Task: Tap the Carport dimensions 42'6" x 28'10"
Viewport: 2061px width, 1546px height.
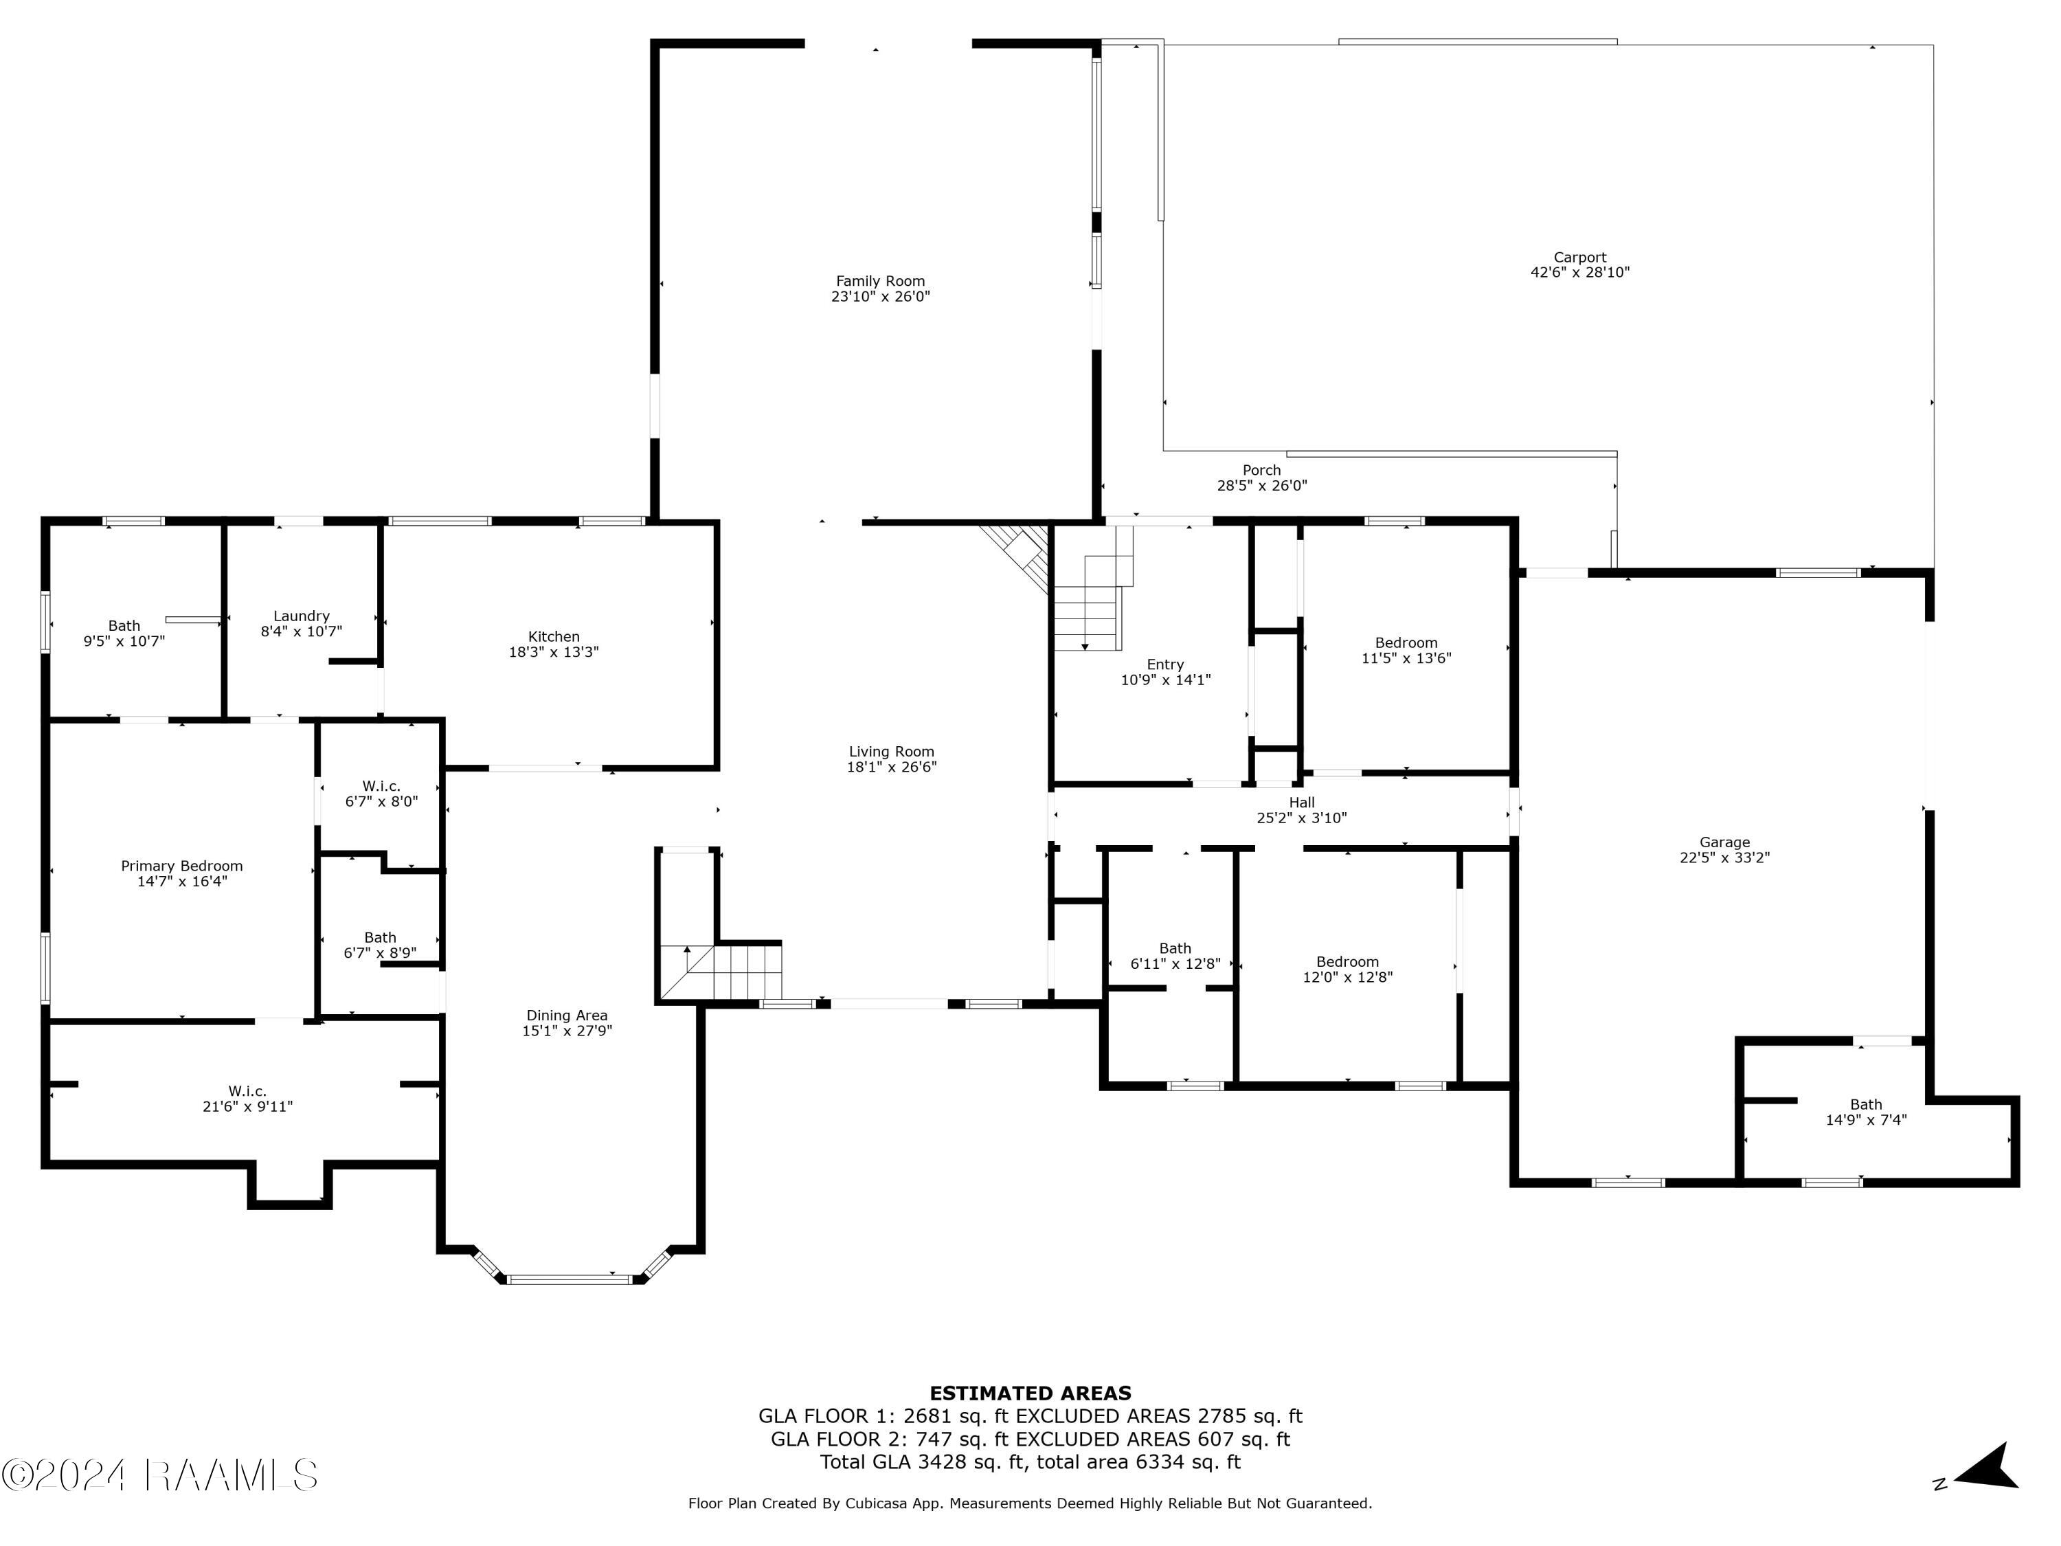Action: point(1579,273)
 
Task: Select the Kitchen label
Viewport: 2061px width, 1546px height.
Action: point(554,636)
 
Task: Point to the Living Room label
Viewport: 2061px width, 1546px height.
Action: point(891,751)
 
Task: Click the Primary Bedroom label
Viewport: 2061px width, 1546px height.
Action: point(181,866)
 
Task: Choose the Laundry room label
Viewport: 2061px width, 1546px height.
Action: point(301,616)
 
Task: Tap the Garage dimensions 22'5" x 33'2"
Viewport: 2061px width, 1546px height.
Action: point(1724,858)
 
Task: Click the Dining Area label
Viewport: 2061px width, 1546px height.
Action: point(567,1015)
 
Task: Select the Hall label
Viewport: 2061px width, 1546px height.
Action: point(1302,803)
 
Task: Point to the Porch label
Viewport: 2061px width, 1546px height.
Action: point(1261,470)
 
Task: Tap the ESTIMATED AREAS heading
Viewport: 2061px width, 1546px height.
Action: point(1030,1393)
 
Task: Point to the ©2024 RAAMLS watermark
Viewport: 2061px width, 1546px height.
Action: point(159,1475)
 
